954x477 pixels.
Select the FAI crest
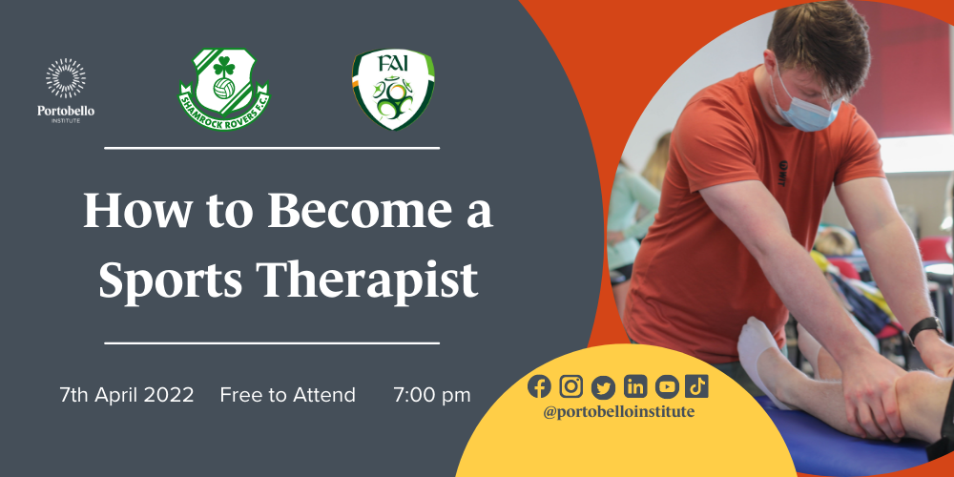(x=392, y=91)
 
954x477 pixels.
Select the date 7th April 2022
(x=126, y=395)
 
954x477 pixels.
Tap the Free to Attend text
(x=287, y=395)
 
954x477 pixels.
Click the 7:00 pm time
(x=431, y=395)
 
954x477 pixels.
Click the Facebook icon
(x=539, y=385)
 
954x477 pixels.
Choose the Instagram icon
(x=571, y=385)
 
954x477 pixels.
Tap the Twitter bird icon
(x=603, y=385)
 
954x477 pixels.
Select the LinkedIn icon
(x=635, y=385)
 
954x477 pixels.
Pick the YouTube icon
(x=667, y=385)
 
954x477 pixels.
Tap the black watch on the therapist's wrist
(x=924, y=329)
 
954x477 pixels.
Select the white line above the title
(x=271, y=148)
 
